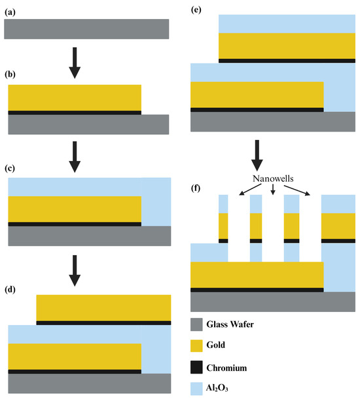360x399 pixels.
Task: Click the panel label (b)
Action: [11, 76]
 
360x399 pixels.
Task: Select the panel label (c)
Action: [11, 169]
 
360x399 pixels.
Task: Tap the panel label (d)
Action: [11, 288]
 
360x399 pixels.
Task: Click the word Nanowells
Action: [273, 178]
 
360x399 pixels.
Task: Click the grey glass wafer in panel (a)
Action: [86, 29]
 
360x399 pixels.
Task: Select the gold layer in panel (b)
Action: [75, 97]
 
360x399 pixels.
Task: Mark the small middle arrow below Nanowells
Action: [273, 190]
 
